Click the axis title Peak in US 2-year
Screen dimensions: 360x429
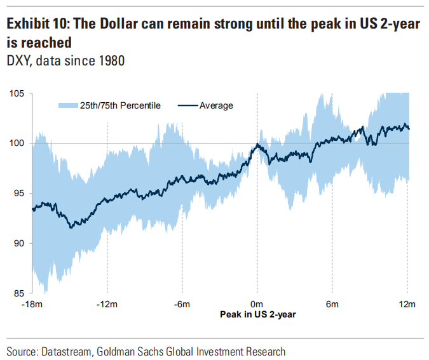257,314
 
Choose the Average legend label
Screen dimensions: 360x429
216,105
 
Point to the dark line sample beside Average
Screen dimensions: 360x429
187,105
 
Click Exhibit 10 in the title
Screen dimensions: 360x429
38,24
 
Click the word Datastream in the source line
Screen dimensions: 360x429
66,351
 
